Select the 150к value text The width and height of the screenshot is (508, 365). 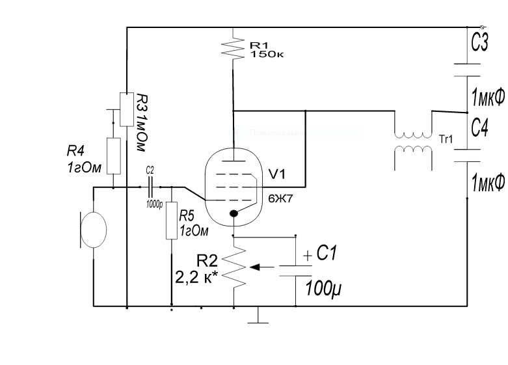(267, 54)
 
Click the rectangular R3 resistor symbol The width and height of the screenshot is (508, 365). (126, 109)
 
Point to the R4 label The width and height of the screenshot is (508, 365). (76, 151)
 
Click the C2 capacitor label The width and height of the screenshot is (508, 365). (150, 170)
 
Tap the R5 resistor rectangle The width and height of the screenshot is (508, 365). (171, 221)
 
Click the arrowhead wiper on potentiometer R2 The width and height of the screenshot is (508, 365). (256, 266)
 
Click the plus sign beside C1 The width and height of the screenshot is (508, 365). (307, 255)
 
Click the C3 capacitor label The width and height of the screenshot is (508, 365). (480, 45)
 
